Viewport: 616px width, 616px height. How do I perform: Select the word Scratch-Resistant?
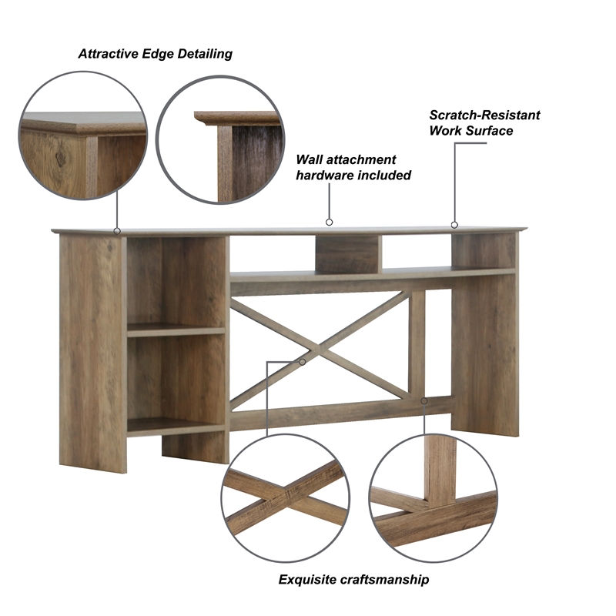pyautogui.click(x=484, y=115)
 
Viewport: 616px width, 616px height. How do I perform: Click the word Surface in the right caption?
pyautogui.click(x=489, y=131)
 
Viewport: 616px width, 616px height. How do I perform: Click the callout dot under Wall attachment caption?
pyautogui.click(x=329, y=223)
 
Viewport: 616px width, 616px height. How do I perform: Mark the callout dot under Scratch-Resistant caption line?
pyautogui.click(x=454, y=225)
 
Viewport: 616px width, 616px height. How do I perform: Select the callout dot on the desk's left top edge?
pyautogui.click(x=117, y=230)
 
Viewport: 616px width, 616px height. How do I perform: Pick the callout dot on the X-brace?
pyautogui.click(x=303, y=361)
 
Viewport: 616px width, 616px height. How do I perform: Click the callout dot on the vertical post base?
pyautogui.click(x=424, y=401)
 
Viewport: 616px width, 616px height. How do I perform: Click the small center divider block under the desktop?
pyautogui.click(x=348, y=255)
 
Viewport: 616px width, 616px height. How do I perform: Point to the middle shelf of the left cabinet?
pyautogui.click(x=176, y=330)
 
